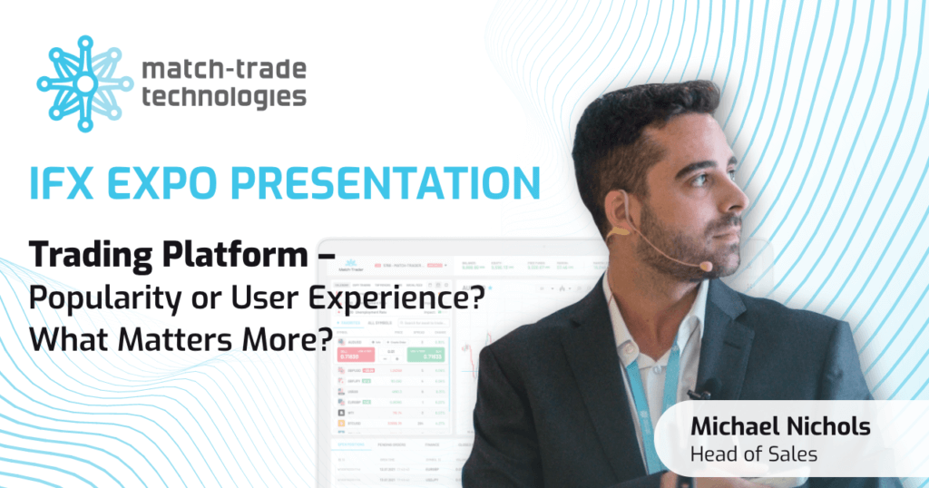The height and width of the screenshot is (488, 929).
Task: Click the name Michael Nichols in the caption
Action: (x=782, y=426)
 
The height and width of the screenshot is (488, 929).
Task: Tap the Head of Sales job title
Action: (x=754, y=454)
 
